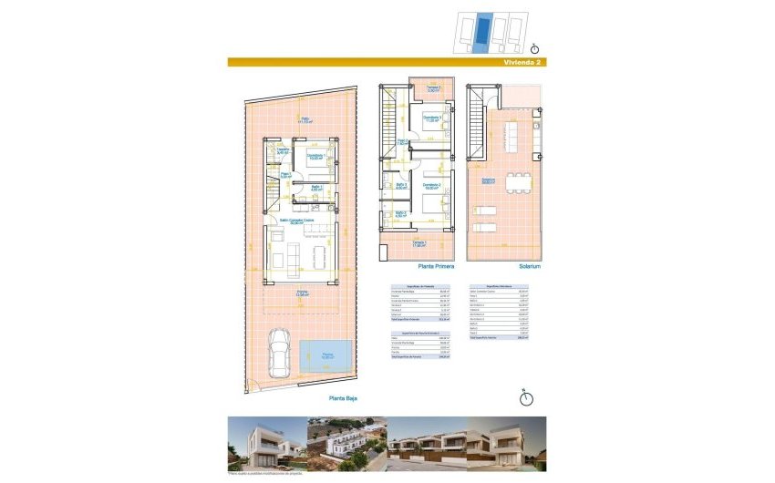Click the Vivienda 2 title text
point(523,63)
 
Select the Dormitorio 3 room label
point(432,118)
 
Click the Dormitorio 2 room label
point(431,185)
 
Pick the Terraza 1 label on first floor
point(419,243)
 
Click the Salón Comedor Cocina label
point(296,221)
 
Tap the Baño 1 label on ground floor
point(315,188)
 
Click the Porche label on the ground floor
point(301,293)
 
